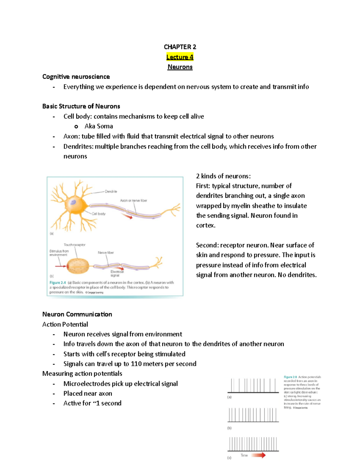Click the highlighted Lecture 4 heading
(180, 57)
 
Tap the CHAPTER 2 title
(180, 47)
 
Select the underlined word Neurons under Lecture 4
(180, 67)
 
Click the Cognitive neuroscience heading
(76, 77)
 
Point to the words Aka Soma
(99, 126)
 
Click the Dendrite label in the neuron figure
(111, 191)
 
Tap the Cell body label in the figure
(99, 214)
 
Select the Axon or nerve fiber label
(133, 200)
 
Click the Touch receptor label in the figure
(74, 245)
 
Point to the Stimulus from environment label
(59, 253)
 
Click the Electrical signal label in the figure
(117, 273)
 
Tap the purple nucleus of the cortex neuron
(73, 203)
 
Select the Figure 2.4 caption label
(58, 283)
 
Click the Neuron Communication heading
(77, 314)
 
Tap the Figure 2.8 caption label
(290, 377)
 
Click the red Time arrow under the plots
(258, 455)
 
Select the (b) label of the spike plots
(229, 428)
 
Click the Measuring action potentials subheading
(82, 374)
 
